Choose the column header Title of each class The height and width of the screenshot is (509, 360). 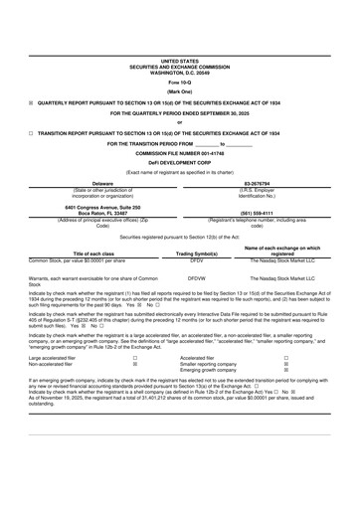tap(91, 254)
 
